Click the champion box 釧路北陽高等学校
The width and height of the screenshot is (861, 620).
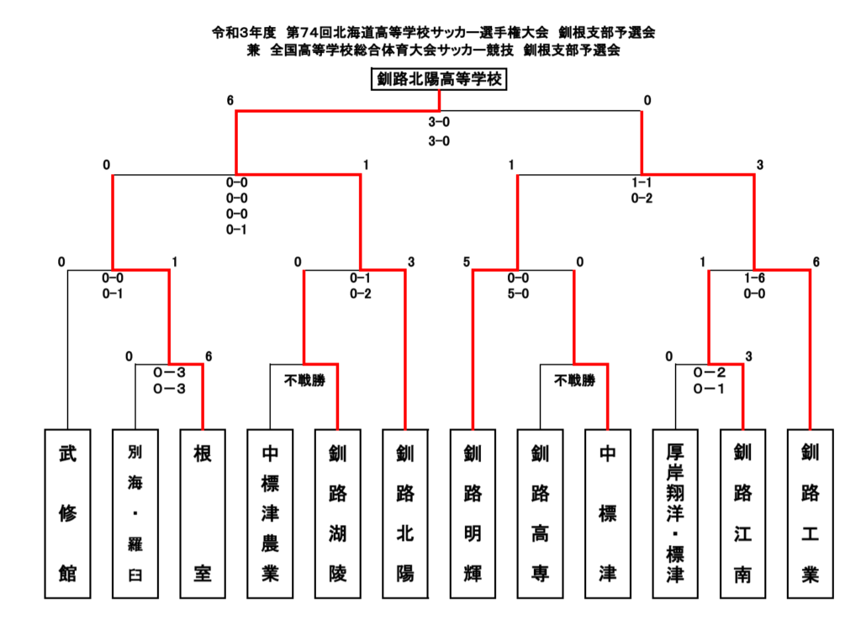click(439, 79)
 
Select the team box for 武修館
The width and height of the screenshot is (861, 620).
click(67, 513)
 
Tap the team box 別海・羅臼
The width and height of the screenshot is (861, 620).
click(135, 513)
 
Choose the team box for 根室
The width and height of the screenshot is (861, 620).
click(203, 513)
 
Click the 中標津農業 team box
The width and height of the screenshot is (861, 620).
click(270, 513)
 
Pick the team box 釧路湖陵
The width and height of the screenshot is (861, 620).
click(338, 513)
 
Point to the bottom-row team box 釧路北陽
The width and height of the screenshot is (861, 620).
click(405, 513)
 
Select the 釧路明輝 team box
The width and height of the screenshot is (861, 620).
click(473, 513)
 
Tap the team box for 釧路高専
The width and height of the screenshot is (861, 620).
click(541, 513)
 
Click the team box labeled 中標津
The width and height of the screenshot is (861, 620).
click(608, 513)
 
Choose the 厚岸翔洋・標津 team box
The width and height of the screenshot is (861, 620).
click(675, 513)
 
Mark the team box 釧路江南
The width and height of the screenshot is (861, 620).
click(743, 513)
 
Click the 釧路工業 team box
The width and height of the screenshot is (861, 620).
click(811, 513)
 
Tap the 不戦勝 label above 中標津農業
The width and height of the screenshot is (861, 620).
click(304, 380)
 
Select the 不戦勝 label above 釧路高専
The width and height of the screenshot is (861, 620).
click(575, 380)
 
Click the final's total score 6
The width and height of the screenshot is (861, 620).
click(230, 100)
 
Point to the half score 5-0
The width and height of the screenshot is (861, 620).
click(518, 294)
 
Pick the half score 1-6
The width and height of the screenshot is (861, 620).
click(754, 278)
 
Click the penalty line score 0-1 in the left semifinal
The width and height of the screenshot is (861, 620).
click(236, 230)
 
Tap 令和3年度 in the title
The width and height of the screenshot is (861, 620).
click(244, 33)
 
